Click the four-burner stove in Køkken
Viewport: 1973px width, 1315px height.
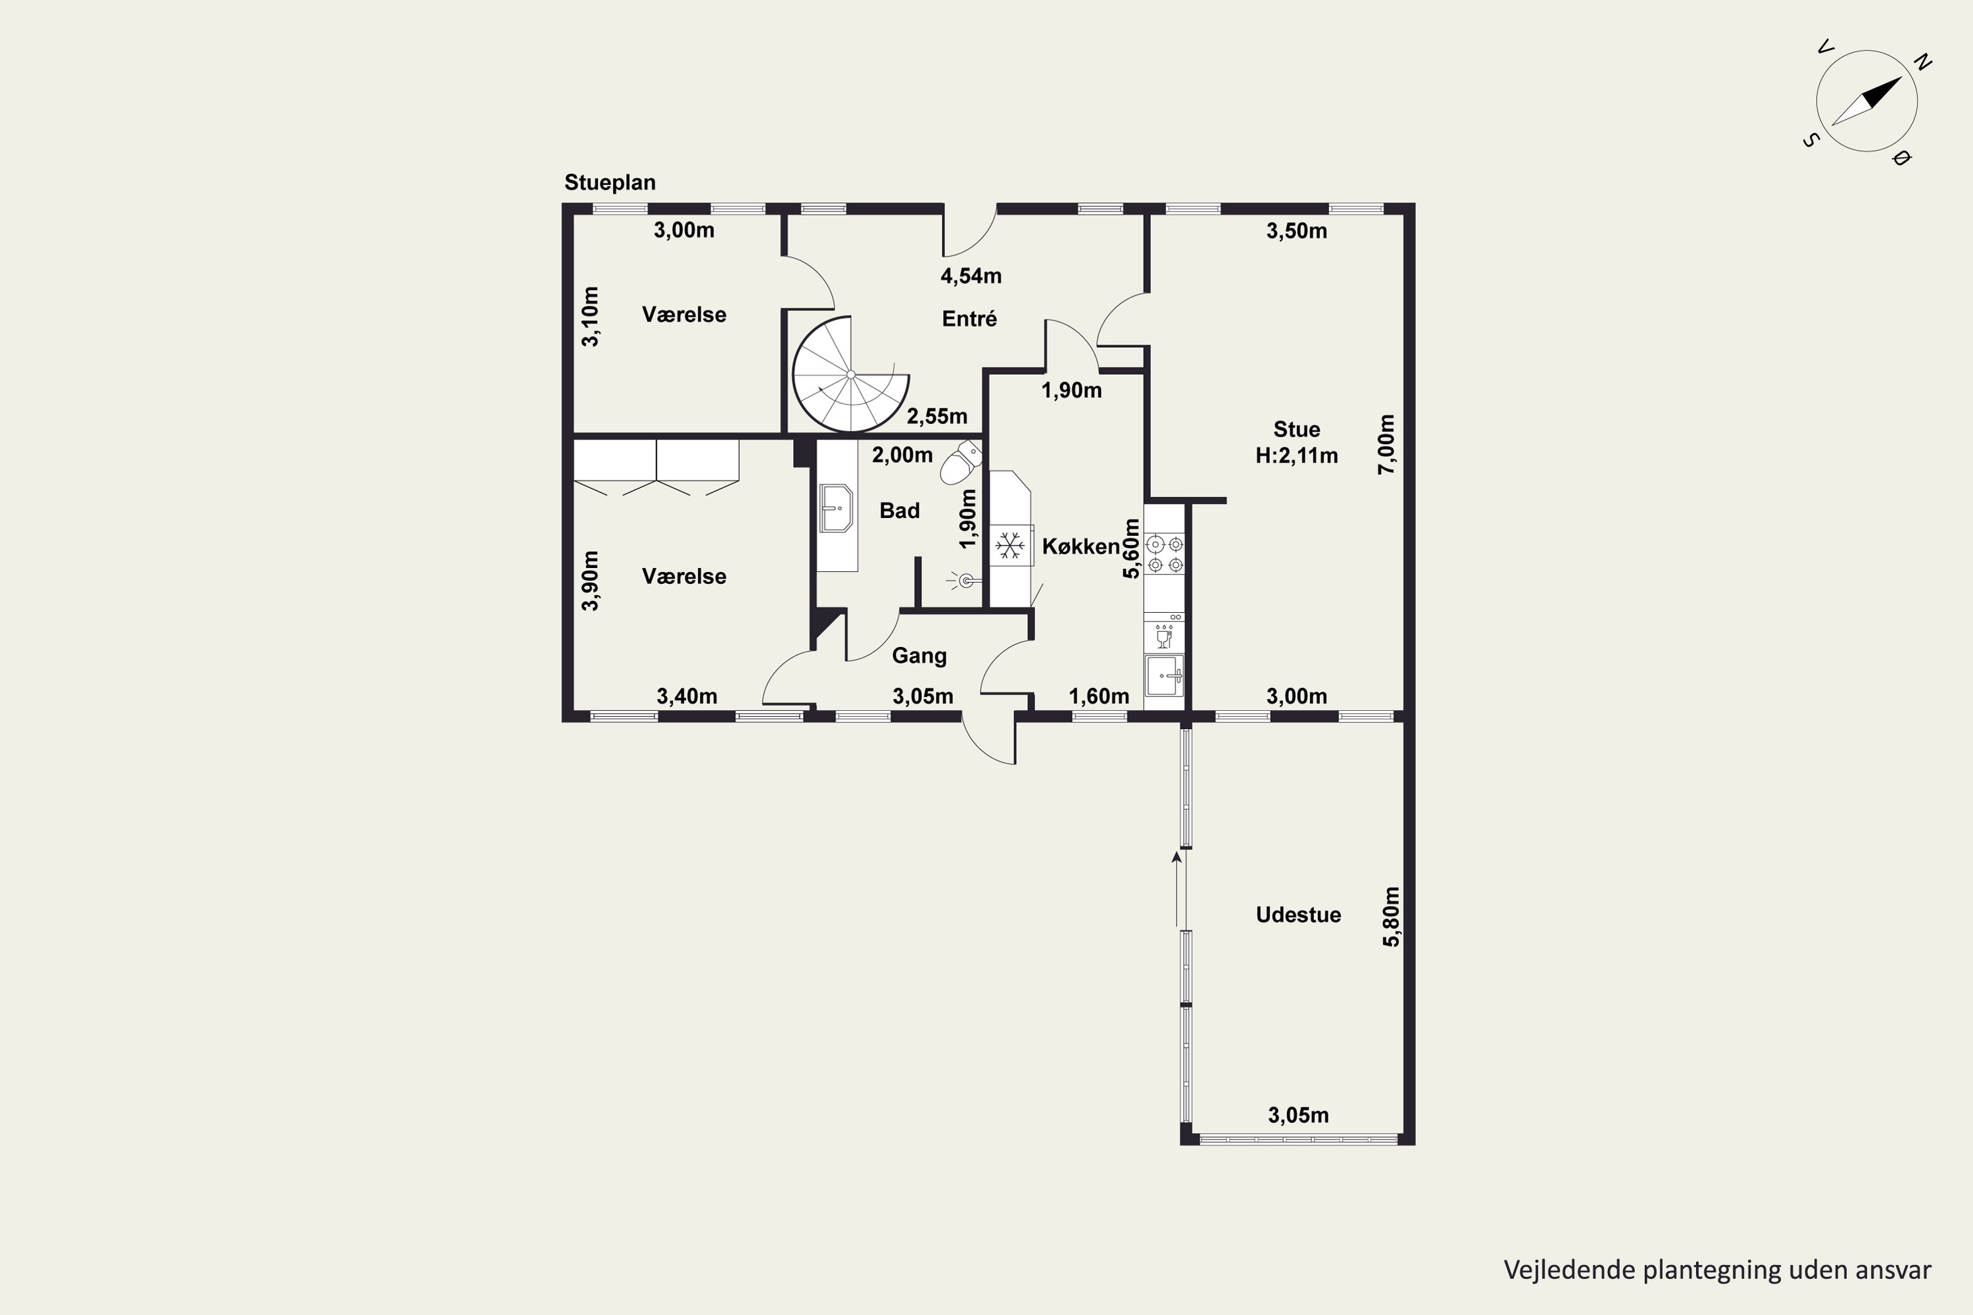click(1164, 554)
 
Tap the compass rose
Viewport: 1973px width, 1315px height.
click(1866, 101)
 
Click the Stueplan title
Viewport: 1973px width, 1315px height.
click(610, 183)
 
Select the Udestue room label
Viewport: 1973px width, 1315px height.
click(1298, 915)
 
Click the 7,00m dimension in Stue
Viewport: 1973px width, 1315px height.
click(1386, 444)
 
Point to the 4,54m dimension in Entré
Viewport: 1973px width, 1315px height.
click(971, 275)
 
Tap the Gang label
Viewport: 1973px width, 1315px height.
click(919, 656)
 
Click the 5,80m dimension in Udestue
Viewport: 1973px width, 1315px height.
click(1391, 917)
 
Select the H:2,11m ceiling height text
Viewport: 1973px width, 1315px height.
click(1297, 456)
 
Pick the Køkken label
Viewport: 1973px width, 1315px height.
click(1081, 547)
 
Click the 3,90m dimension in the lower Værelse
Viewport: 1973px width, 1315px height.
click(591, 581)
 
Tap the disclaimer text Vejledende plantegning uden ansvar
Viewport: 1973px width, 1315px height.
click(1718, 1270)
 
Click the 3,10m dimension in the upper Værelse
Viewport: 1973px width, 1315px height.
click(591, 316)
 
